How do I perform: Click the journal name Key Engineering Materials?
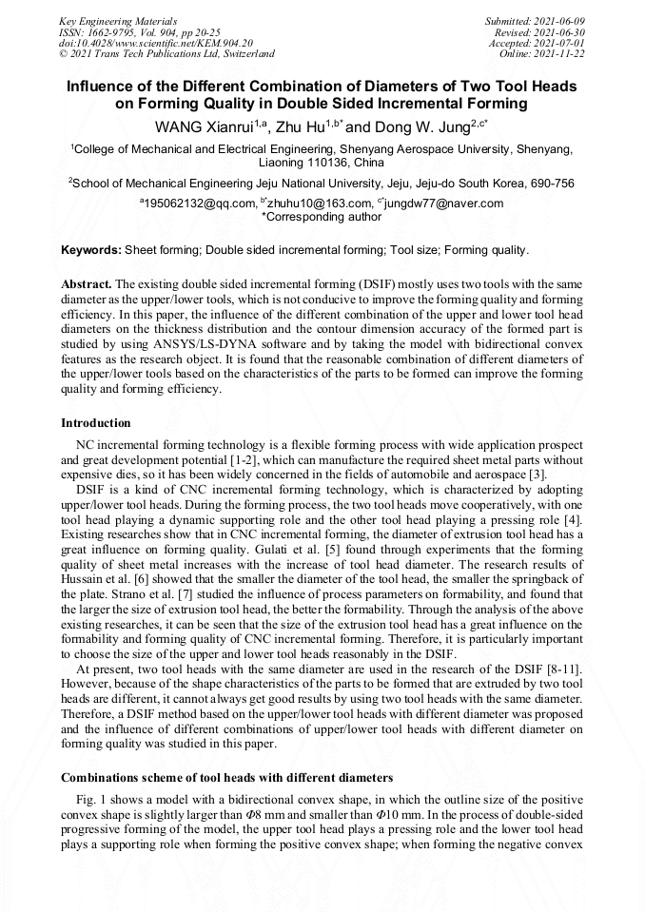click(118, 20)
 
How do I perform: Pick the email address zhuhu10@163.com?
click(313, 203)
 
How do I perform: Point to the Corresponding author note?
click(322, 216)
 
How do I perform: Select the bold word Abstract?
click(87, 284)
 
